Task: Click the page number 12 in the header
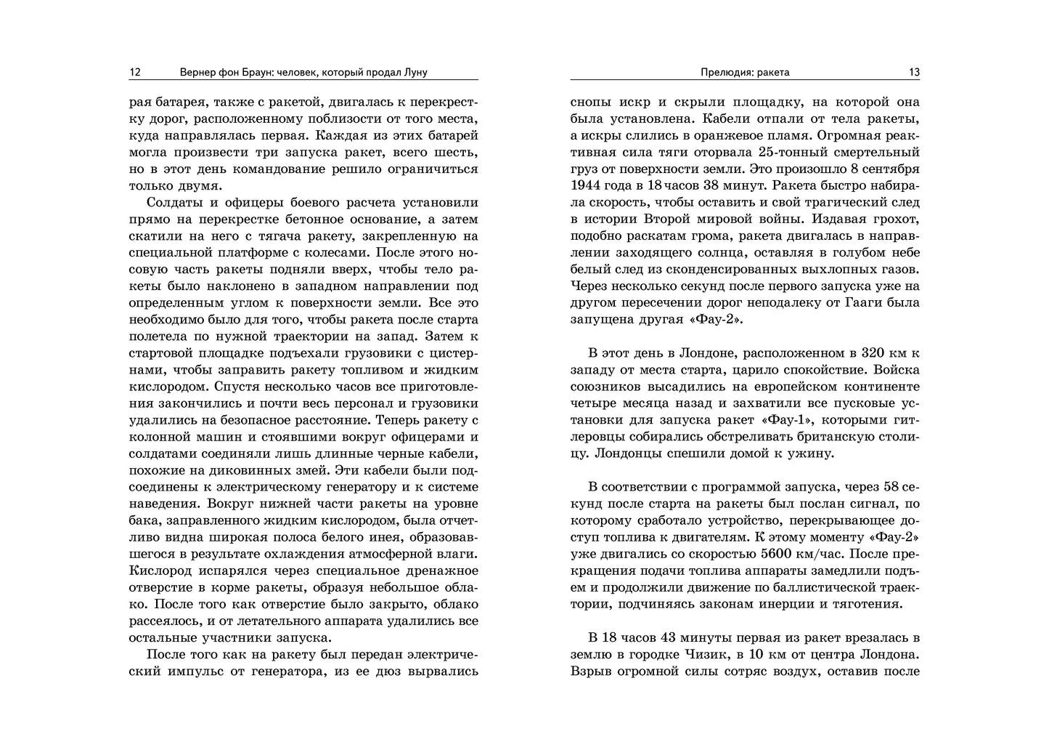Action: [134, 72]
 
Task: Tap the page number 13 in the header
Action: [914, 72]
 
